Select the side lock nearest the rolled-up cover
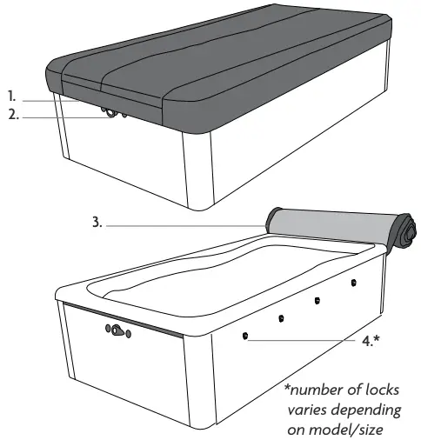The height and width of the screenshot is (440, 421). point(354,282)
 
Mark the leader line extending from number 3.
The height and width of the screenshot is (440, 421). point(183,225)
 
